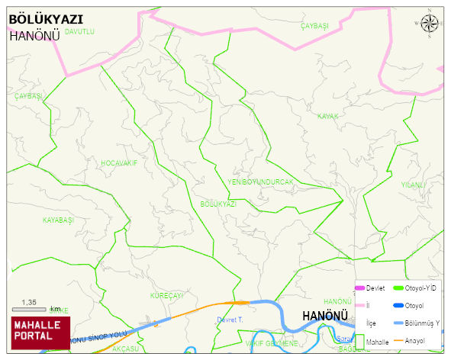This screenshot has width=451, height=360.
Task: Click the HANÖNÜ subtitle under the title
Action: (x=34, y=35)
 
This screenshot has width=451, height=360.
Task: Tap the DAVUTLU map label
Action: (x=79, y=32)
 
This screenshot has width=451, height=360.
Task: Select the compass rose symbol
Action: (x=430, y=23)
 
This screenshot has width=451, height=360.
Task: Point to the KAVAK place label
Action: (x=327, y=116)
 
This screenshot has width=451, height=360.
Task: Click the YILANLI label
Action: (x=413, y=185)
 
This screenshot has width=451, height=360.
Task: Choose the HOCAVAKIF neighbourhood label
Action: (x=119, y=163)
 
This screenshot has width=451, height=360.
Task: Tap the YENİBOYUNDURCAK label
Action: (x=260, y=182)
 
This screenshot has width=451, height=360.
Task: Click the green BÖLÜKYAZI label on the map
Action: (x=218, y=204)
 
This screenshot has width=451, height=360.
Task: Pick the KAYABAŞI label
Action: (x=57, y=220)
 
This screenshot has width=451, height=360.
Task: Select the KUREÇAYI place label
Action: (x=167, y=295)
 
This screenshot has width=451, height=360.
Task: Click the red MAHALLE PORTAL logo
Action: (x=40, y=332)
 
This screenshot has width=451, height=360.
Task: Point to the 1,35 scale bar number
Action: (x=29, y=302)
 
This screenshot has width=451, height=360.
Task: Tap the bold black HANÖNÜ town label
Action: (x=325, y=315)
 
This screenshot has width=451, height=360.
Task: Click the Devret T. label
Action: (x=230, y=320)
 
